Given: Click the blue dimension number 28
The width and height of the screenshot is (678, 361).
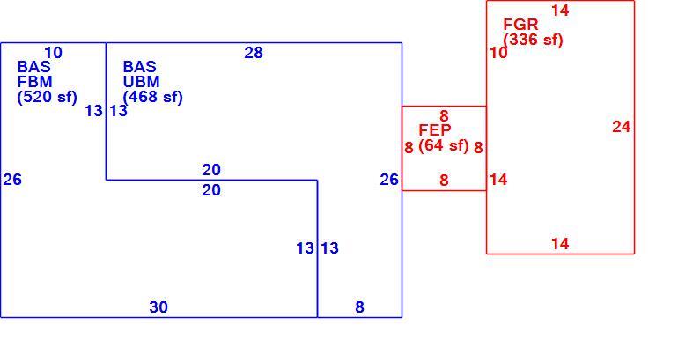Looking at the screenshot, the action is [254, 53].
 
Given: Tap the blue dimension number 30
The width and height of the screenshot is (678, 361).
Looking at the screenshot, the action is [158, 307].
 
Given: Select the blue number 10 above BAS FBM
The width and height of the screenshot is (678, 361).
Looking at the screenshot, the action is [53, 53].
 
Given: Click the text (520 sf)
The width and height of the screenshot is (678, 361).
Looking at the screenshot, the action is [48, 97].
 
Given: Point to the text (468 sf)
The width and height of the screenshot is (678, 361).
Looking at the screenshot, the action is [152, 97].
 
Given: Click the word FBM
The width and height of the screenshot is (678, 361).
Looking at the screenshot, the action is [34, 82].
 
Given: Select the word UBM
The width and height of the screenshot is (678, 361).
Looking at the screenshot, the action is [141, 82].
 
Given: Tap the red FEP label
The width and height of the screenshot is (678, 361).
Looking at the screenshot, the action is [435, 129].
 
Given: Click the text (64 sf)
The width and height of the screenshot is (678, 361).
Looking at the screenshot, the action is [444, 145].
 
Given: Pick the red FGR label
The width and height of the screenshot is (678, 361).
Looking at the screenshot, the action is [520, 24].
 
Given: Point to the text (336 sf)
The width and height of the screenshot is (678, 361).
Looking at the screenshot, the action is [533, 40].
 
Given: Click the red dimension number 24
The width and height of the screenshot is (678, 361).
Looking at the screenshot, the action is [622, 127].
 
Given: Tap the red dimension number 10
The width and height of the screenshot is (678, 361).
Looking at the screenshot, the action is [498, 53].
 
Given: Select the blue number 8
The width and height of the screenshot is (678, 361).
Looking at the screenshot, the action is [360, 307].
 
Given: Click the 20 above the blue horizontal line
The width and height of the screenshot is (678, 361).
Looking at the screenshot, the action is [211, 170].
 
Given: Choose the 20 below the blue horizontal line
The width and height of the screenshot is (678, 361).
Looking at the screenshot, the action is [211, 190].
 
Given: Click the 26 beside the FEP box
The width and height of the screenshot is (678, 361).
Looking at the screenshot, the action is [389, 180].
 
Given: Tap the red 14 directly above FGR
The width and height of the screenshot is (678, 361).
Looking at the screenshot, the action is [560, 11].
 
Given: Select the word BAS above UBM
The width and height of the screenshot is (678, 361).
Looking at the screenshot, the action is [140, 67].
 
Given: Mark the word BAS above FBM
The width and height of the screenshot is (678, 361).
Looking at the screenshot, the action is [34, 67].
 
